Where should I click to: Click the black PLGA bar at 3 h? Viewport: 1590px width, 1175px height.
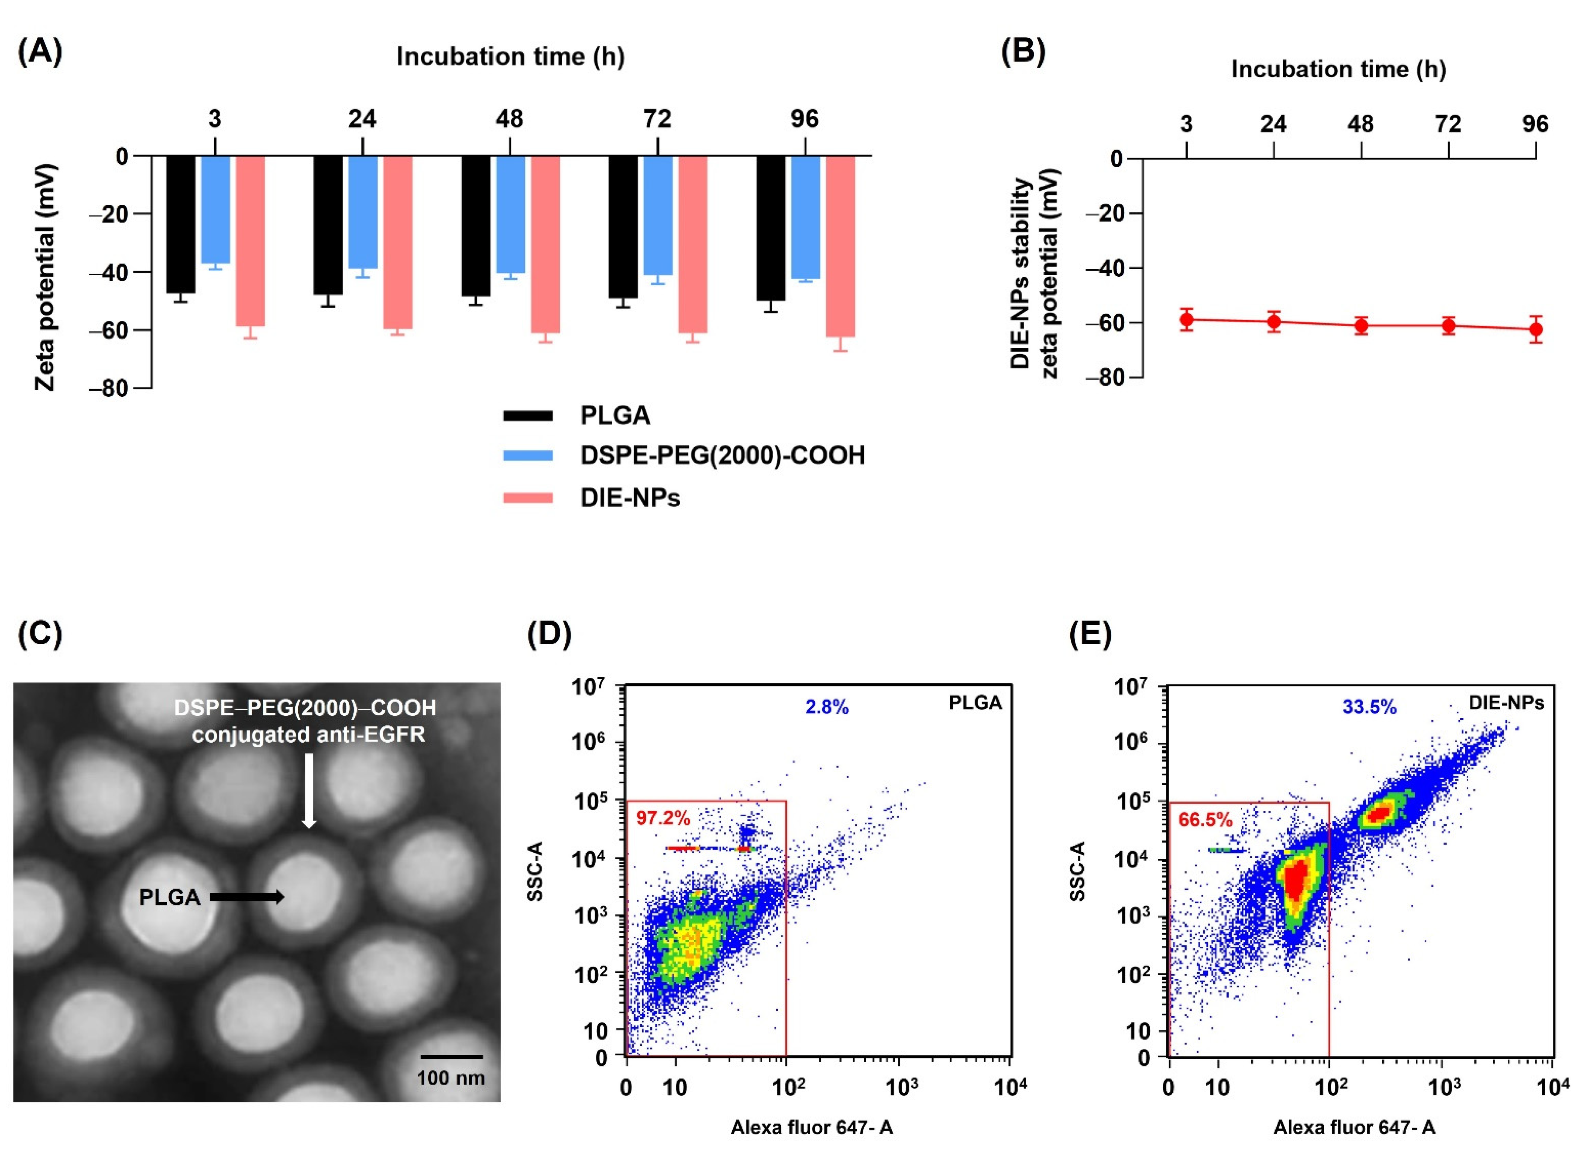click(x=181, y=224)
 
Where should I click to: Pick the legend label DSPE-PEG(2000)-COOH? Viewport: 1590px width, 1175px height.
click(x=722, y=455)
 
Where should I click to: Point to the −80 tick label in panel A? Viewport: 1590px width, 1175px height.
click(x=108, y=388)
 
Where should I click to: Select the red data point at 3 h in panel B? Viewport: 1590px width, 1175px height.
click(x=1186, y=319)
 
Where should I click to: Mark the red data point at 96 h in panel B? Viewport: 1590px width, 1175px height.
click(x=1535, y=329)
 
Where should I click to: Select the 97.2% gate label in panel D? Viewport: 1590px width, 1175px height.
click(x=663, y=818)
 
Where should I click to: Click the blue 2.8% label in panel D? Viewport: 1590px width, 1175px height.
click(x=827, y=707)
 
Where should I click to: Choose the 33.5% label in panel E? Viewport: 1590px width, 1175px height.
click(x=1369, y=707)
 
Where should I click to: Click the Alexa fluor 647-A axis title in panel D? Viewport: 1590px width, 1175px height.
click(x=812, y=1127)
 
